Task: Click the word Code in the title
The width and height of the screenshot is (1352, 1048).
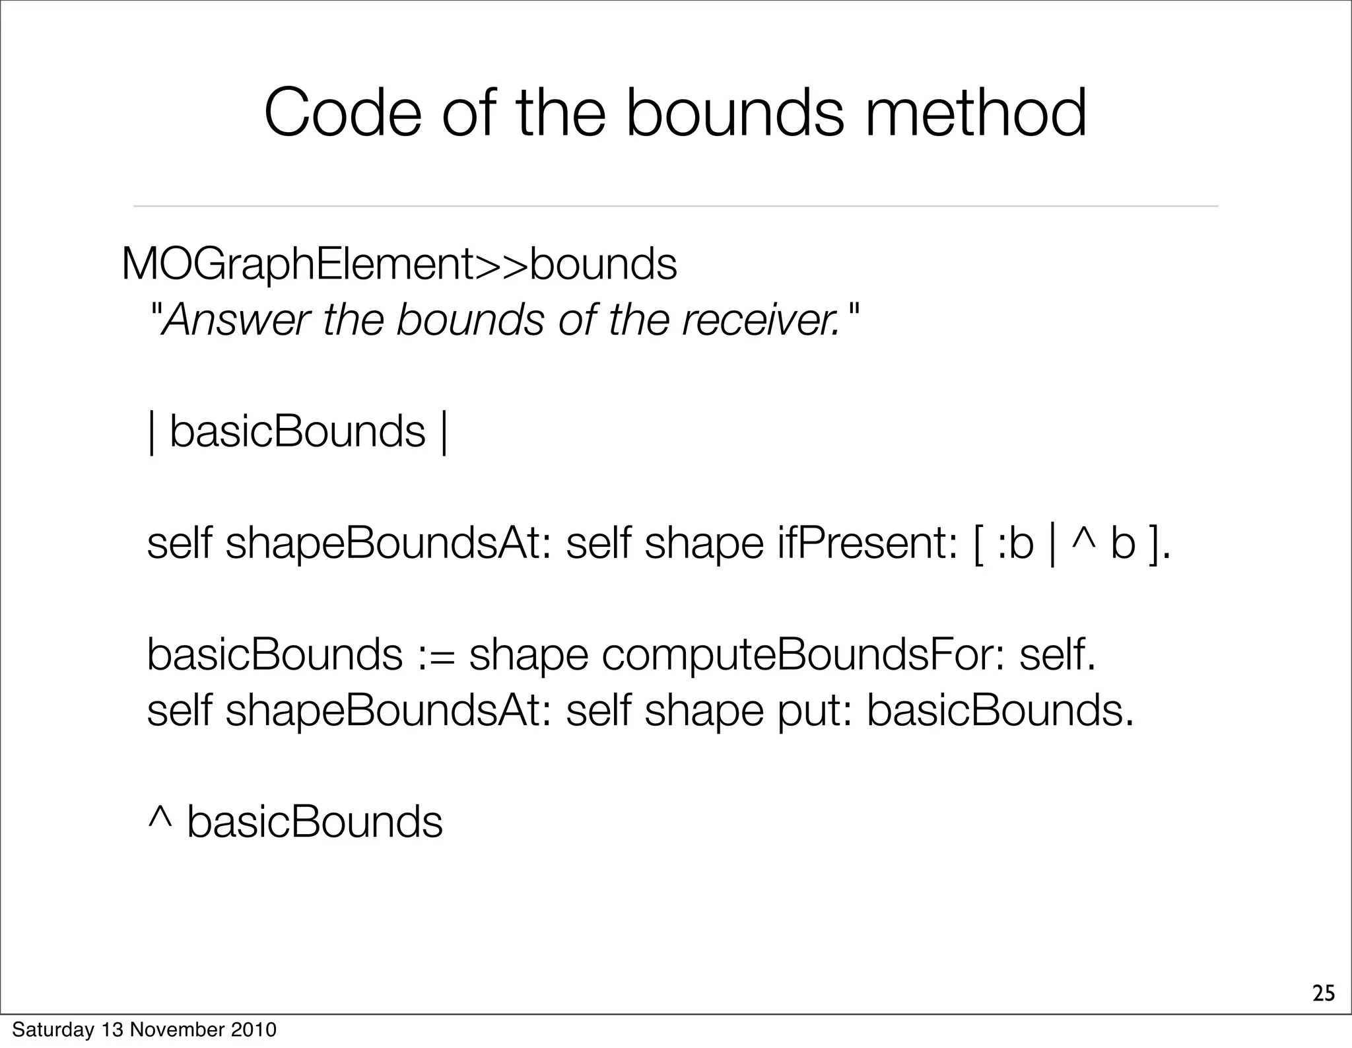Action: [342, 114]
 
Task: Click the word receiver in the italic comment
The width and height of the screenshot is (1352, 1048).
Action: [759, 321]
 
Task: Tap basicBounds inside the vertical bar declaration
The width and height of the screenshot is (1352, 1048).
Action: [297, 433]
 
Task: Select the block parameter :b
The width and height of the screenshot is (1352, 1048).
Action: [1013, 545]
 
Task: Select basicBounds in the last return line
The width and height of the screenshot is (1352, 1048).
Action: [315, 823]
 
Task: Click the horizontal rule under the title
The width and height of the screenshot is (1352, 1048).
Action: [675, 206]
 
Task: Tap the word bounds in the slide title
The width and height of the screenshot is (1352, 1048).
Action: [734, 114]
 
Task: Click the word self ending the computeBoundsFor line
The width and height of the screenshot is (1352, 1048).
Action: [1056, 656]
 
